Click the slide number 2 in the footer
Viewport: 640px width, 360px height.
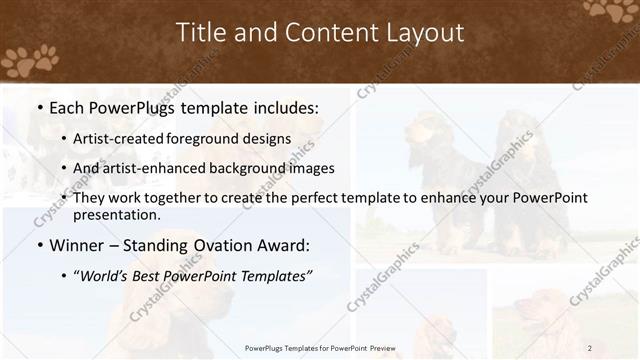590,348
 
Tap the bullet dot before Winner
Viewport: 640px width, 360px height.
39,245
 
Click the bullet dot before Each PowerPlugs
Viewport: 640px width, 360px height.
39,105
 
